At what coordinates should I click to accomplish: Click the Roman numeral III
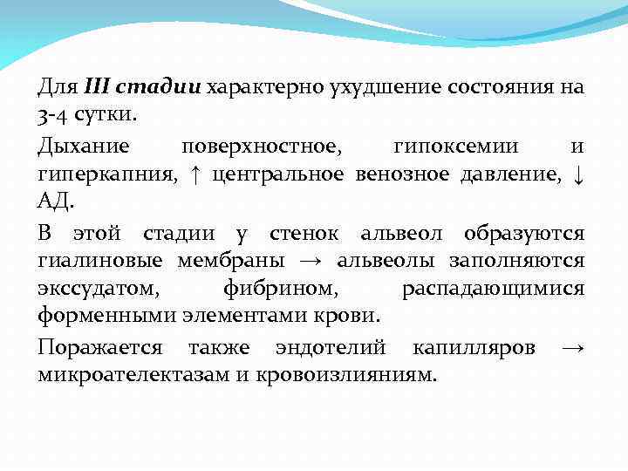click(x=97, y=87)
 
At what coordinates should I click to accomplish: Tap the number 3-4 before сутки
click(x=51, y=115)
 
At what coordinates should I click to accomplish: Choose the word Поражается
click(x=99, y=347)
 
